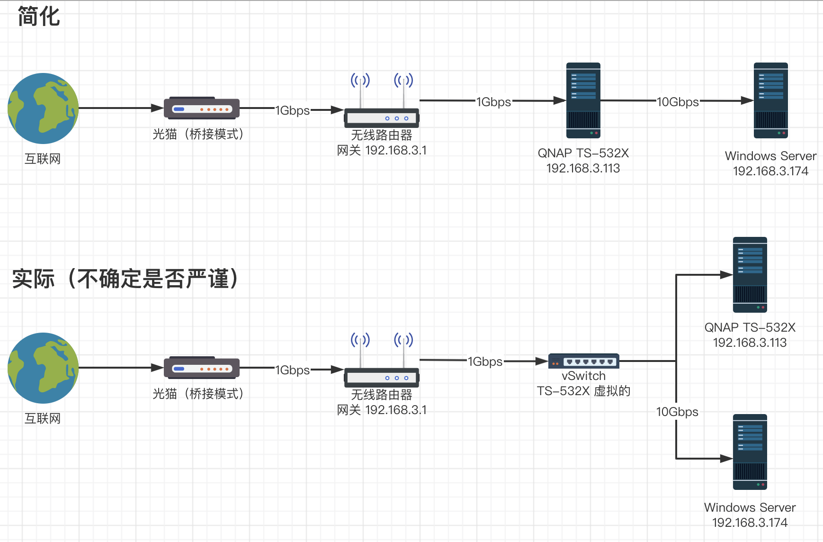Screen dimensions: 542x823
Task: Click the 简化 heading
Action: pos(39,17)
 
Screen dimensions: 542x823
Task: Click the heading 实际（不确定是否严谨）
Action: pos(125,279)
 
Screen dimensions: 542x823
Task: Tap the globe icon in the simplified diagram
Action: pos(43,108)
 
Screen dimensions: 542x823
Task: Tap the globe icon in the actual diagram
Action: pos(43,368)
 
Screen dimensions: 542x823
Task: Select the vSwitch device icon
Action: pos(584,361)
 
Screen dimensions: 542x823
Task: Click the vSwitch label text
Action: pos(583,376)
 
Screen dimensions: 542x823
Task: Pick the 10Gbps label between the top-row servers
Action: pos(678,102)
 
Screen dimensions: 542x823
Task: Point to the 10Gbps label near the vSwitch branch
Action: pos(677,412)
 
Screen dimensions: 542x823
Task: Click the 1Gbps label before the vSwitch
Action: pos(485,361)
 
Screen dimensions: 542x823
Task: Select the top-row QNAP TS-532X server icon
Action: pos(583,100)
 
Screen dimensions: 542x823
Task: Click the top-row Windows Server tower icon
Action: pos(771,100)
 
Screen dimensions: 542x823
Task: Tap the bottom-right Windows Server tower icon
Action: pos(750,452)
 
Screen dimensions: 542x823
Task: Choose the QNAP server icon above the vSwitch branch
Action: pos(750,275)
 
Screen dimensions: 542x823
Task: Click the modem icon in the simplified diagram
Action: pos(202,108)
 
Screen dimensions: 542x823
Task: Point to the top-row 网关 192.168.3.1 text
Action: pos(382,151)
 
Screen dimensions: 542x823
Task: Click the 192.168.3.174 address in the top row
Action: pos(771,171)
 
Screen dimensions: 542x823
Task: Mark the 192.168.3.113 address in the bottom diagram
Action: pos(750,343)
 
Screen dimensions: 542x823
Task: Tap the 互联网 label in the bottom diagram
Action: pos(43,418)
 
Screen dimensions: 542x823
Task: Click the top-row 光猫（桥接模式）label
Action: pos(198,135)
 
